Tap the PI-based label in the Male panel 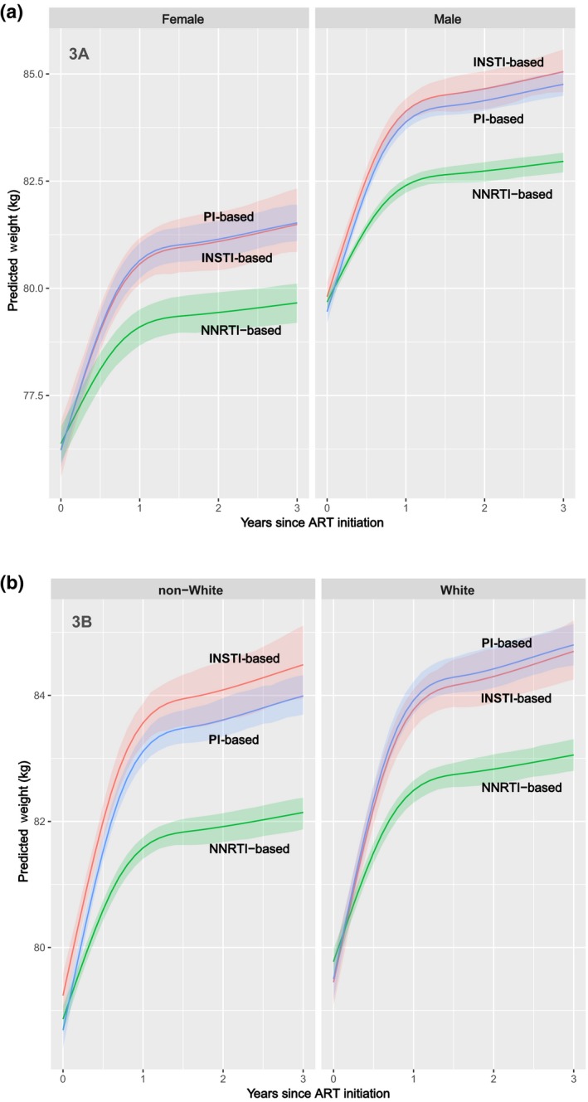[498, 119]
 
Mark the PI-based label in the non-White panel [234, 739]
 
